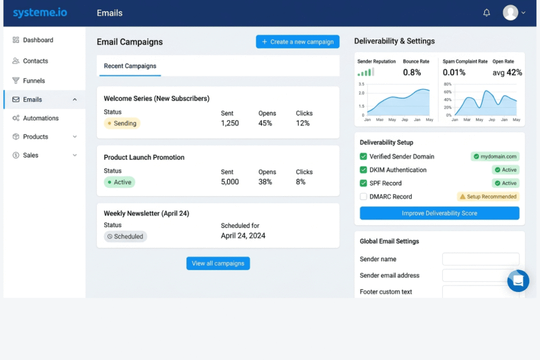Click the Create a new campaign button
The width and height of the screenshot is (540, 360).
point(297,42)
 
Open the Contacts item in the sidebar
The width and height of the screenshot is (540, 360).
point(35,61)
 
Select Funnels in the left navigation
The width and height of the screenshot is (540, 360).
point(33,81)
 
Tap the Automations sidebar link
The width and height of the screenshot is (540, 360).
point(40,118)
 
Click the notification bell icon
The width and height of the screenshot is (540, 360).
point(486,13)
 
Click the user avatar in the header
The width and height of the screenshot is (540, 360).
point(510,13)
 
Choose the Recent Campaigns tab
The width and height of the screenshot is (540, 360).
point(130,66)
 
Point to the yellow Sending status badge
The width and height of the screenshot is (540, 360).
point(122,123)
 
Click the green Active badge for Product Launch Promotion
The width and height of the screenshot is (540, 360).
point(119,182)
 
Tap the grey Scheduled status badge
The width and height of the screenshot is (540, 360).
point(125,237)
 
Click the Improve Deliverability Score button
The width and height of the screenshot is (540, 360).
point(439,213)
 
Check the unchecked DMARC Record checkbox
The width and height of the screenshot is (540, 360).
point(363,197)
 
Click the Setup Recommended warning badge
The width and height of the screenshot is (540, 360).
point(488,197)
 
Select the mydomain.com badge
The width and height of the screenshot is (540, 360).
point(495,157)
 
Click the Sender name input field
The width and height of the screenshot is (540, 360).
point(480,259)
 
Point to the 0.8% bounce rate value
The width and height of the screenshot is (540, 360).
point(412,72)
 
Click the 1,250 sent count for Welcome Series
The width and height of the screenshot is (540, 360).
point(229,123)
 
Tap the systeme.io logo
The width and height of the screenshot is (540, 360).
point(40,13)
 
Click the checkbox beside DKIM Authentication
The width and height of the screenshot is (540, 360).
point(363,170)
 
